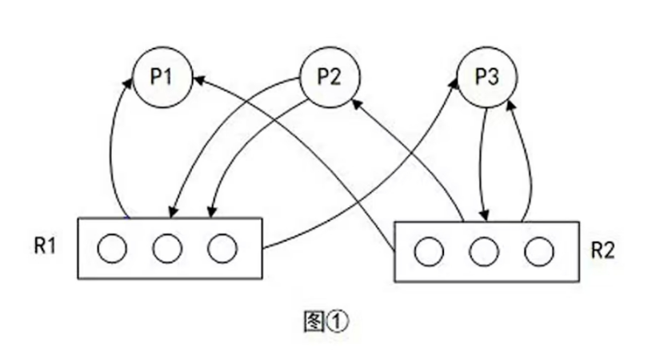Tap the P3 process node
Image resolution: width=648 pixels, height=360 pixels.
(487, 78)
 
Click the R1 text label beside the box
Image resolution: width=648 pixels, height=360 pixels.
(45, 246)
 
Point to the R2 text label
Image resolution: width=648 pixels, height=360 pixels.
(602, 250)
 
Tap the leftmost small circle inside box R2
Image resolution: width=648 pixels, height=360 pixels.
(429, 253)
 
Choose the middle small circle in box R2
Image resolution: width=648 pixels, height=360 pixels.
(484, 253)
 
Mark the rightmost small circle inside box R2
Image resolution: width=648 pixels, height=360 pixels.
(538, 253)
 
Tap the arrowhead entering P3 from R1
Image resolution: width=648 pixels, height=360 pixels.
(457, 83)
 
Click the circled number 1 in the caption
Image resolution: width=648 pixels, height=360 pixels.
(338, 322)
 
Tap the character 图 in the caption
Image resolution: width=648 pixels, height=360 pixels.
(315, 322)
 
